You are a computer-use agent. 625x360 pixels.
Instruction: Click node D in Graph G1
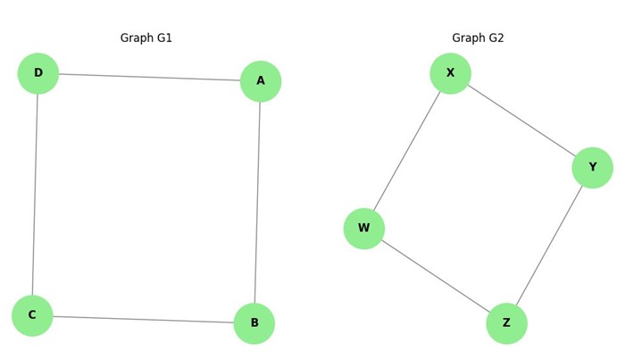coord(38,73)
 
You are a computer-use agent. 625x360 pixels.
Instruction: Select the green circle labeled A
coord(261,81)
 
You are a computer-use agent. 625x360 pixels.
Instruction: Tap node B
coord(254,323)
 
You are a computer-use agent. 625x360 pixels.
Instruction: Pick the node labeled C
coord(32,315)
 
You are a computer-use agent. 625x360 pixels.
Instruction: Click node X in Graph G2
coord(450,73)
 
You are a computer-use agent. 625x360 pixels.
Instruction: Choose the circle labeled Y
coord(593,168)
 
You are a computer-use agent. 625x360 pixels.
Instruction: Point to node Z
coord(506,323)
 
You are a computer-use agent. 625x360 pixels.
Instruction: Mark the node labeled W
coord(364,229)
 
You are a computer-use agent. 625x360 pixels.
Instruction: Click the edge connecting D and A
coord(149,77)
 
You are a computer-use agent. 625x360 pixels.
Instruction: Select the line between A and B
coord(257,202)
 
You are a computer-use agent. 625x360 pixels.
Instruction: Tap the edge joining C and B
coord(143,319)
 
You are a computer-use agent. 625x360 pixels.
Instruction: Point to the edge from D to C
coord(35,194)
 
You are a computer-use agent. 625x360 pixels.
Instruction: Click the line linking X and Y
coord(521,121)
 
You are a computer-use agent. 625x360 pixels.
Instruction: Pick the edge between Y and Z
coord(549,246)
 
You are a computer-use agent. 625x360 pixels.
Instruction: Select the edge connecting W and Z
coord(435,276)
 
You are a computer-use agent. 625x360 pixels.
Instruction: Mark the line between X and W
coord(407,151)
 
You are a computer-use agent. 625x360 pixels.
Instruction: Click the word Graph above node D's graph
coord(136,38)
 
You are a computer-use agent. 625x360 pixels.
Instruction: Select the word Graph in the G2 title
coord(467,38)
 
